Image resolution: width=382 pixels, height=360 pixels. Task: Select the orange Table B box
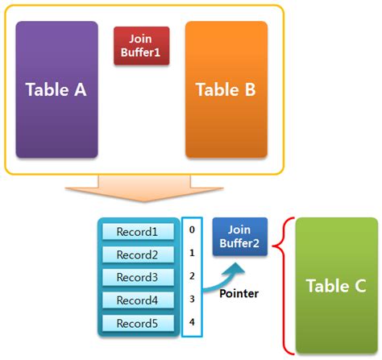(x=226, y=89)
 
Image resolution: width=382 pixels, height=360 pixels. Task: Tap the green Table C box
(x=336, y=285)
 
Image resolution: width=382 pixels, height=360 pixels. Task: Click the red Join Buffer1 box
(x=141, y=45)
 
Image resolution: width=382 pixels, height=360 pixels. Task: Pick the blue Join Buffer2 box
(x=239, y=236)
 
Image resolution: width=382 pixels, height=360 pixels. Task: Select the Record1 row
(x=139, y=233)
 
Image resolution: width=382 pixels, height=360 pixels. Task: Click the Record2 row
(x=139, y=255)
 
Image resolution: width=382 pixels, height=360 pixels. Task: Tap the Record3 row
(x=139, y=278)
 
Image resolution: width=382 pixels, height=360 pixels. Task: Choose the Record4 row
(x=139, y=300)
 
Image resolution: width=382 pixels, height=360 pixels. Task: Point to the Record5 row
(x=139, y=323)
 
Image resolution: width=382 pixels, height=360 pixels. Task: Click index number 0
(x=191, y=230)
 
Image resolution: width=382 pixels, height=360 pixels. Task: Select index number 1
(x=191, y=253)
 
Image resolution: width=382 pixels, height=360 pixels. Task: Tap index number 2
(x=191, y=276)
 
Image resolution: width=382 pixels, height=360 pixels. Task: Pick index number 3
(x=191, y=300)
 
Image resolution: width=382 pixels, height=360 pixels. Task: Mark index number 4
(x=191, y=323)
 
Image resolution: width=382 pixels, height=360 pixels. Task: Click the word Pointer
(x=239, y=293)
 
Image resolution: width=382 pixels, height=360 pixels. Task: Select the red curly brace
(x=281, y=285)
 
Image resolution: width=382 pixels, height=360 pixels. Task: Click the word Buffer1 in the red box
(x=141, y=53)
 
